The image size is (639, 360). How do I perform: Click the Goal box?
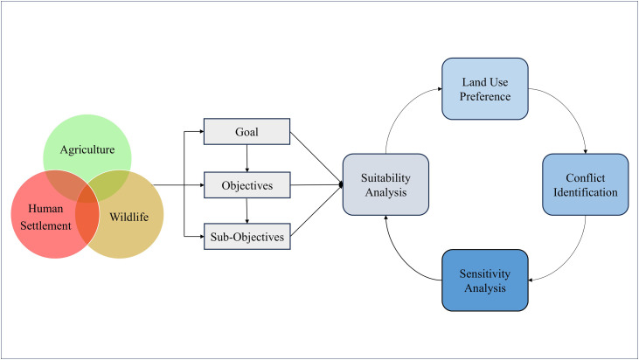coord(247,132)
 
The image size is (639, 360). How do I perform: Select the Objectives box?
coord(247,185)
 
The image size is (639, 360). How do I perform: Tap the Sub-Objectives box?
coord(247,236)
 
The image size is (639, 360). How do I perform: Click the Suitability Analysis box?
coord(385,184)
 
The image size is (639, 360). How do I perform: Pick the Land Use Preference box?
coord(485,89)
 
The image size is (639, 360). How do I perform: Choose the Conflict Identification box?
coord(585,184)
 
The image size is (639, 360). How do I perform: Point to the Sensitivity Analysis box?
coord(485,280)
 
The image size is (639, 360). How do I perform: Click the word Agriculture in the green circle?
coord(87,150)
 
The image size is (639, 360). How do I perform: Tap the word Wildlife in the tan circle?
coord(128,217)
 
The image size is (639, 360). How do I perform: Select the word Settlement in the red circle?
coord(45,225)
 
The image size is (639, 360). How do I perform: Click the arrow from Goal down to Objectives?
coord(247,158)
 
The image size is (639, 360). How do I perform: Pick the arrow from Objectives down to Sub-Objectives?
coord(247,211)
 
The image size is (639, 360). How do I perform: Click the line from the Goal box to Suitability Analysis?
coord(316,158)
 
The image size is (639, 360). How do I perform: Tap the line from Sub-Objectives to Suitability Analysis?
coord(316,211)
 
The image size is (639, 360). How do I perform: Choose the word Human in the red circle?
coord(45,209)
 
